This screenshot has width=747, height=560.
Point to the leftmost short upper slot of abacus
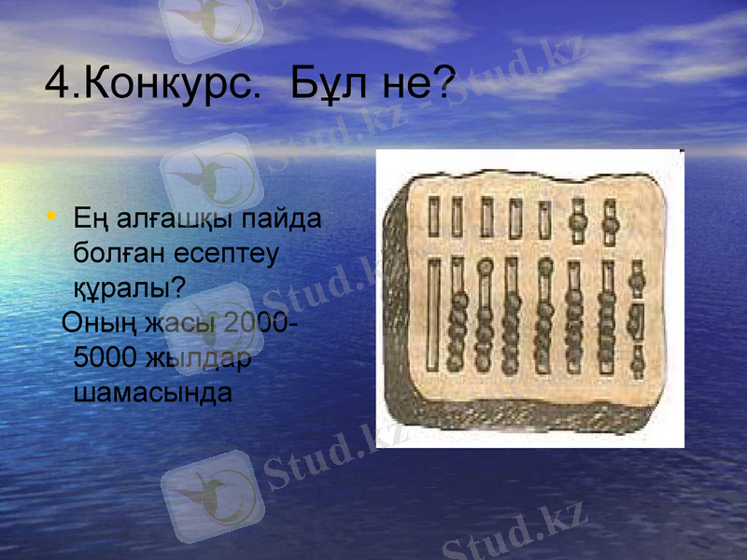tap(433, 217)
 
